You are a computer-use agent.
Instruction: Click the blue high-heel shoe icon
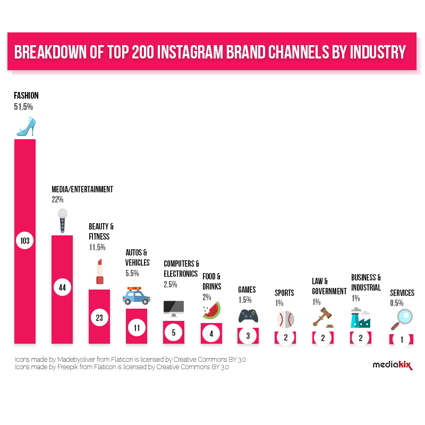(24, 126)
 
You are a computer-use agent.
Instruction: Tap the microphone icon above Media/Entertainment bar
(63, 220)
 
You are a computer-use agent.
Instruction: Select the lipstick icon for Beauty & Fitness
(99, 272)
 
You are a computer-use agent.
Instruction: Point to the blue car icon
(137, 296)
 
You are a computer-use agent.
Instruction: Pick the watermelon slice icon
(211, 311)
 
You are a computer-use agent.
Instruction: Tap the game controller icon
(248, 316)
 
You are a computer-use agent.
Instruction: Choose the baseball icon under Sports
(286, 319)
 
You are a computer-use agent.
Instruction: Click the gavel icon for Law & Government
(322, 317)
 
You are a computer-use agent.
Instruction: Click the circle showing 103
(25, 241)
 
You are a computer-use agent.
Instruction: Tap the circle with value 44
(62, 287)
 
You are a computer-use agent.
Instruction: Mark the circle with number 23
(99, 318)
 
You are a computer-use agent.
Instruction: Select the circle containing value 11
(137, 327)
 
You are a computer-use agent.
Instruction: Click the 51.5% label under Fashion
(23, 107)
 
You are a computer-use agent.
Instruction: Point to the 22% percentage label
(57, 200)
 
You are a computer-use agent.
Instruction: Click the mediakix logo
(392, 364)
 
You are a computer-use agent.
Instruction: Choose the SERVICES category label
(402, 293)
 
